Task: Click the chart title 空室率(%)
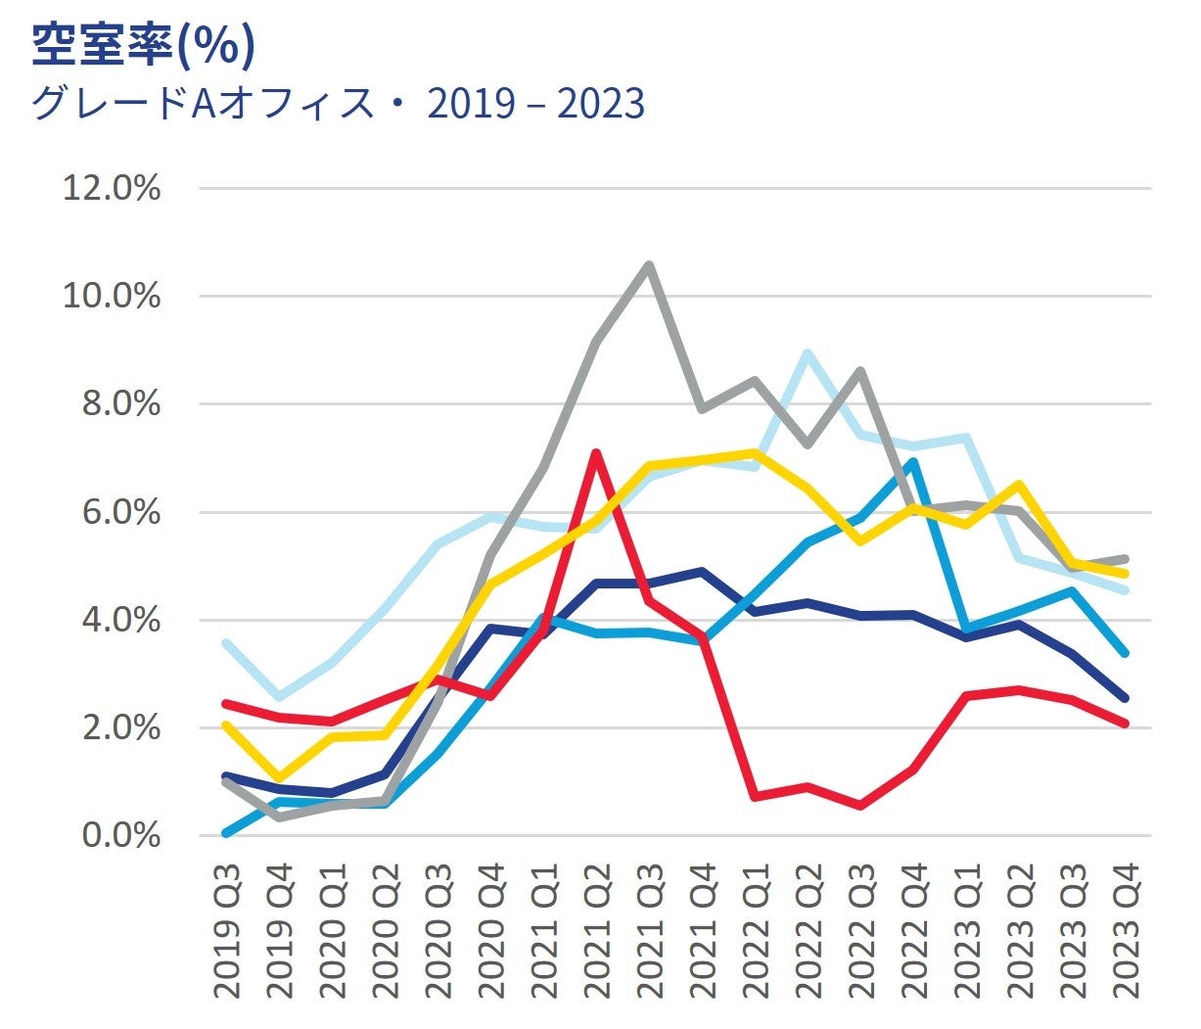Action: coord(143,45)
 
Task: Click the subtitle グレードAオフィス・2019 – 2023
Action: coord(338,103)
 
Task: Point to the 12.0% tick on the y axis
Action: coord(112,188)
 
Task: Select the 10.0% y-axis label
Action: coord(112,296)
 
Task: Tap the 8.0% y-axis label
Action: coord(120,403)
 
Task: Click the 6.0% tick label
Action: coord(120,512)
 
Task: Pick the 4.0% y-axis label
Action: coord(120,620)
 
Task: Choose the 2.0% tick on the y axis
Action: coord(120,728)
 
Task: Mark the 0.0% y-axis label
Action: coord(120,836)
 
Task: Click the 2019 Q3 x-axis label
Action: coord(227,931)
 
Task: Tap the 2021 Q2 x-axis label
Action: coord(596,931)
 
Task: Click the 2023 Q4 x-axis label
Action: coord(1126,931)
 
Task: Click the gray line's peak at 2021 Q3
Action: coord(649,264)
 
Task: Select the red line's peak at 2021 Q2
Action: coord(596,453)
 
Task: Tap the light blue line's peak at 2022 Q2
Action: coord(808,353)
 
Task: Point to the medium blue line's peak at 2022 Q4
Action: coord(913,462)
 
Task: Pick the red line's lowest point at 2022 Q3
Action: coord(860,806)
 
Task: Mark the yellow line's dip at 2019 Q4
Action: coord(280,778)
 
